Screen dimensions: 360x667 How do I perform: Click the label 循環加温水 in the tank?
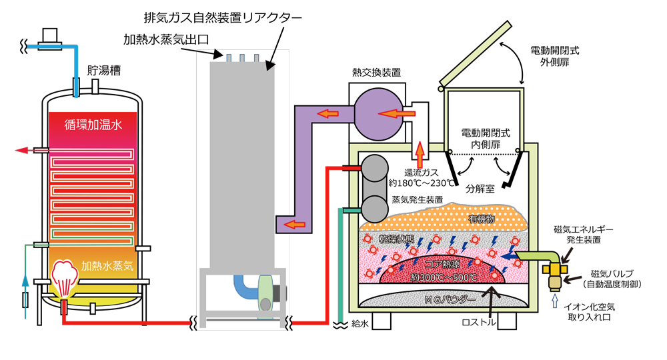point(93,124)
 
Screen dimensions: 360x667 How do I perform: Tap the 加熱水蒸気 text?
point(107,265)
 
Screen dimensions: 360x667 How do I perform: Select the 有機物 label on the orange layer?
point(481,219)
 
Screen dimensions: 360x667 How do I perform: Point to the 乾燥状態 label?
point(388,239)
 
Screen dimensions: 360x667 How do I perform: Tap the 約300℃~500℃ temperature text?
point(444,277)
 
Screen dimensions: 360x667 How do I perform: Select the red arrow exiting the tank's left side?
point(25,151)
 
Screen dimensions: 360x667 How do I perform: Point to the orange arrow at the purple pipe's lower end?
point(291,225)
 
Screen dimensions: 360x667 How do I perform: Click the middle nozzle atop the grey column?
point(243,59)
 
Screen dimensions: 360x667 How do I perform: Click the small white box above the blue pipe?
point(50,34)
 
